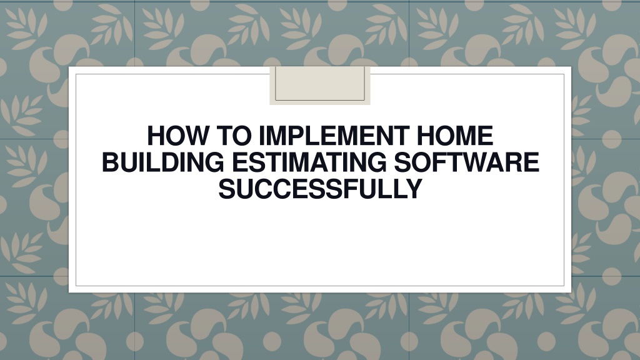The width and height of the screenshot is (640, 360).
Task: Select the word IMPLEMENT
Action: click(334, 136)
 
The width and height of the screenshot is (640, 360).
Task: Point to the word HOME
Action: click(455, 136)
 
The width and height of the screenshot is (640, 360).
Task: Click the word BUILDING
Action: click(163, 162)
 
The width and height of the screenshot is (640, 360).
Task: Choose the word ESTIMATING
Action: click(309, 162)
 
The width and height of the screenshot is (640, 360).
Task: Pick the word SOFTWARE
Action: click(466, 162)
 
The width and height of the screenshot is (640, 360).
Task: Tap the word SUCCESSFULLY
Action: click(320, 189)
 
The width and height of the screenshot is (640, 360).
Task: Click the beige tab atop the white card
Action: click(320, 85)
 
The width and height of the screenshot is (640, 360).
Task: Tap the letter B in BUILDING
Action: click(111, 162)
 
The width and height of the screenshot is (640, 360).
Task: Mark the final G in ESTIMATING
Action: click(377, 162)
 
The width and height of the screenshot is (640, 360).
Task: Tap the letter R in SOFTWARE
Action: click(514, 162)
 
